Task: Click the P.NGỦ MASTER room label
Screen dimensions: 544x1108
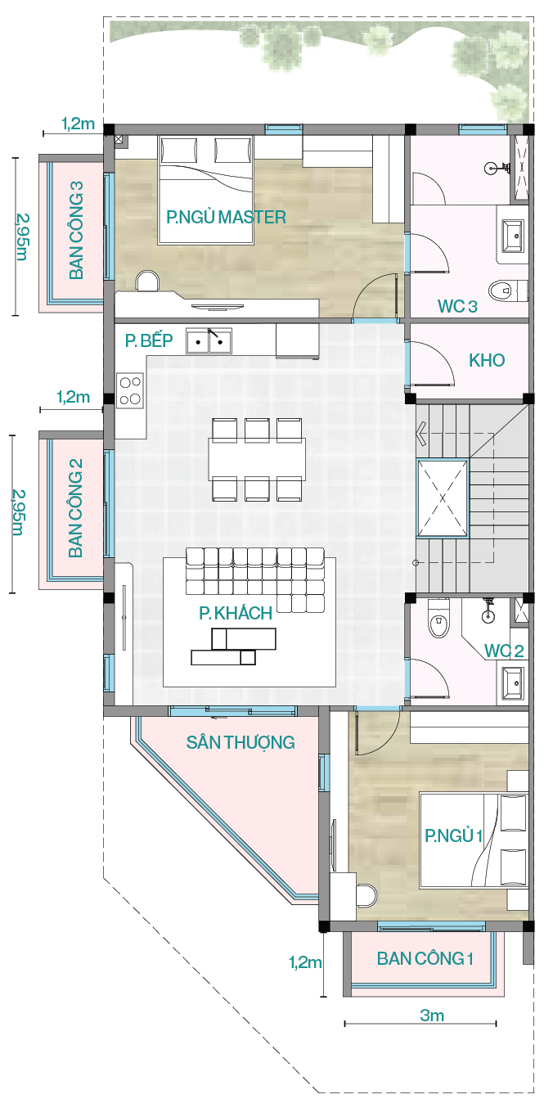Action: (226, 217)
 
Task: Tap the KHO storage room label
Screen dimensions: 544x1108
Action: (487, 360)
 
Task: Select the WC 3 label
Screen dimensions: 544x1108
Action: (457, 306)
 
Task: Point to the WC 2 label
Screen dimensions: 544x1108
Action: (503, 651)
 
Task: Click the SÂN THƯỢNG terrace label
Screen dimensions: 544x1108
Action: (241, 742)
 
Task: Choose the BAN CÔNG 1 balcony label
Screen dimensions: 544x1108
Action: (425, 958)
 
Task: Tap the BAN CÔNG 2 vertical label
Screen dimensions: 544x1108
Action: (75, 508)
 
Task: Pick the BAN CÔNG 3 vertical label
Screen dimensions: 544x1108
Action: (76, 230)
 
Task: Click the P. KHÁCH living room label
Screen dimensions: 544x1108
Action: (236, 614)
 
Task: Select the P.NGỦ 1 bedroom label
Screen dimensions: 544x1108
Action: (453, 836)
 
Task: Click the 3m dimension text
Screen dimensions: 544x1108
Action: (432, 1016)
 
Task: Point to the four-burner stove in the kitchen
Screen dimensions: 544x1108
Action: (130, 390)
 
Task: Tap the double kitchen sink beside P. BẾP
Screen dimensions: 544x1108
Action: (209, 340)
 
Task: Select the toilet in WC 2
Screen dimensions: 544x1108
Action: (438, 619)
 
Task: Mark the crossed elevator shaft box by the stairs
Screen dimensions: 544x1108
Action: (442, 498)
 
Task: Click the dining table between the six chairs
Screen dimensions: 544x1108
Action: (257, 460)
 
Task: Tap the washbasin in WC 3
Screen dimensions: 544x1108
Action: (513, 236)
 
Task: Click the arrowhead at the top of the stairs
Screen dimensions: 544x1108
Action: (421, 434)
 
